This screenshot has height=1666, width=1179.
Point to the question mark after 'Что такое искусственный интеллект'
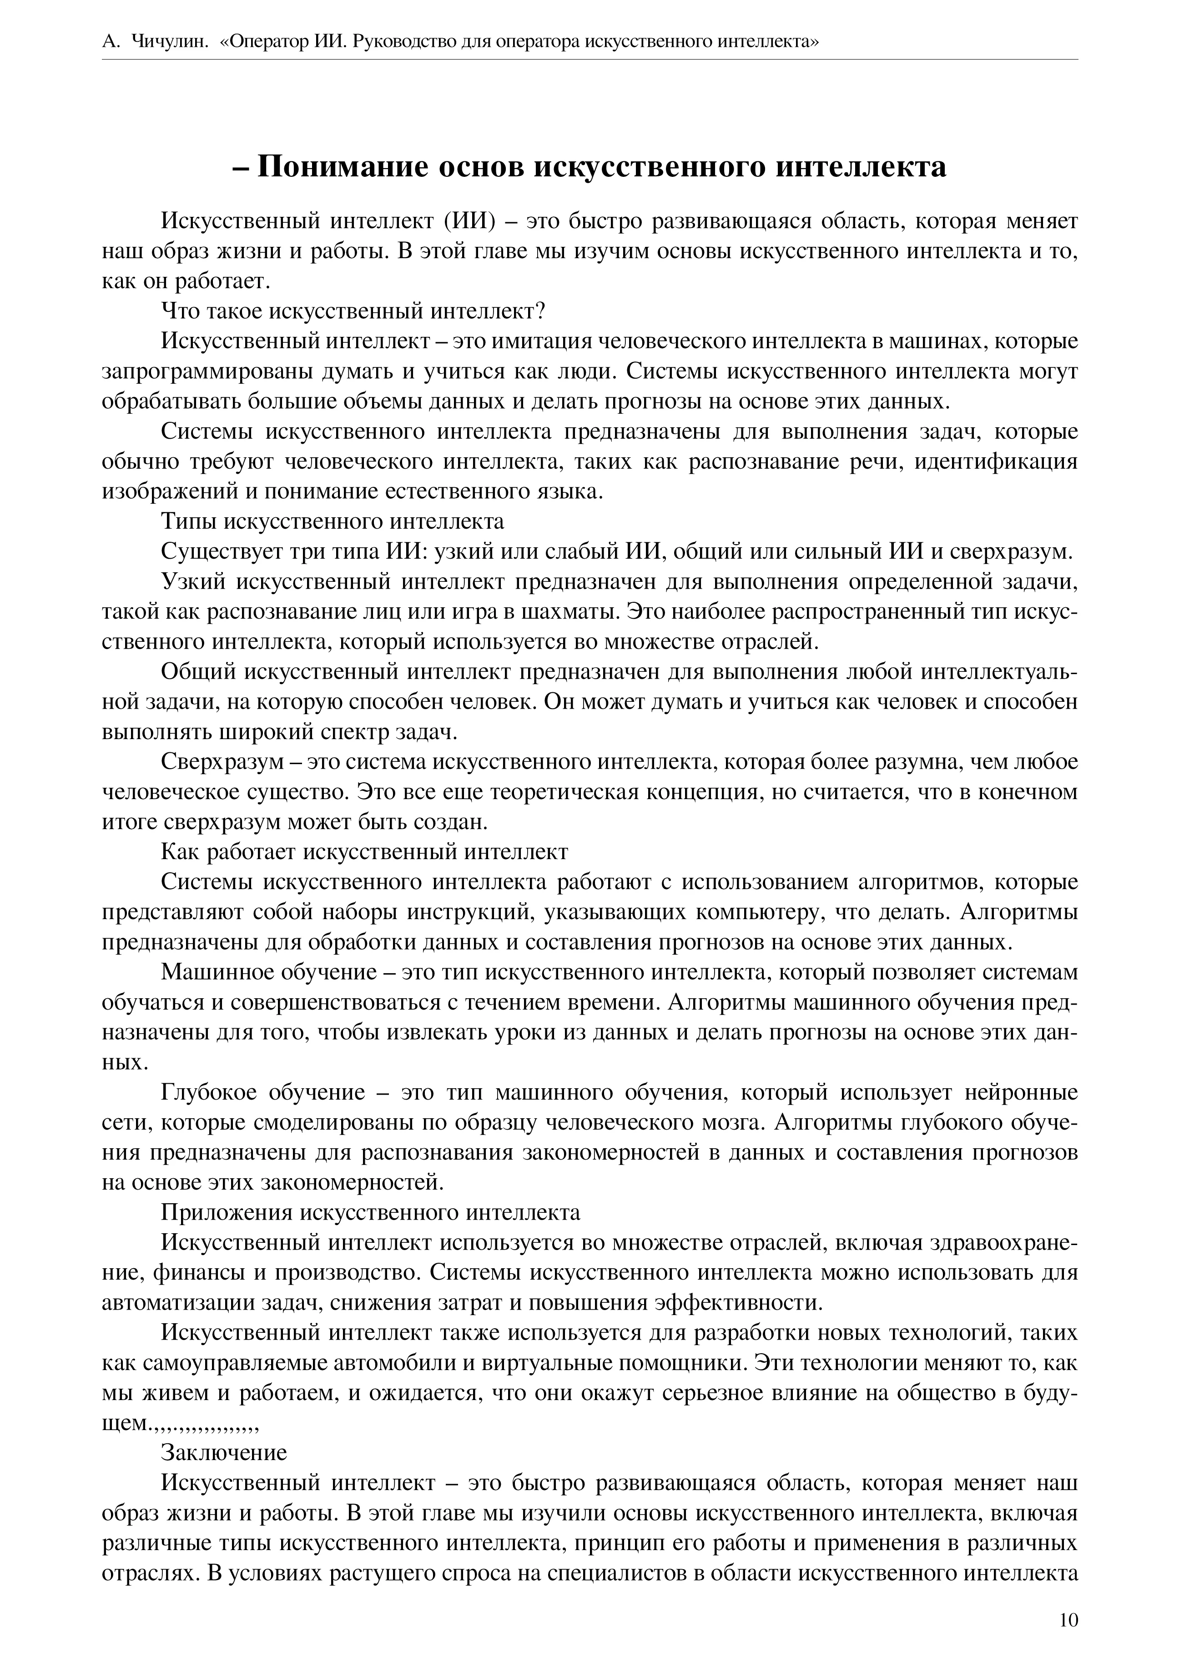[539, 311]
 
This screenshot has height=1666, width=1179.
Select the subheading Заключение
[224, 1453]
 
